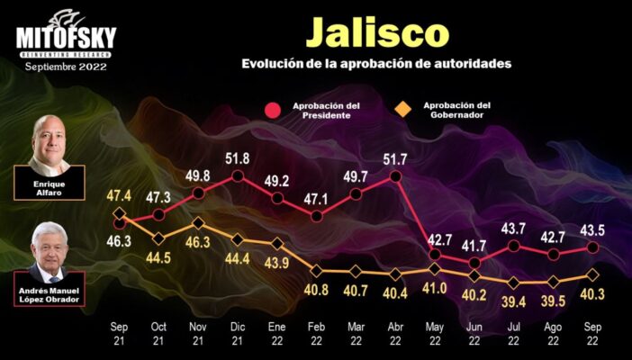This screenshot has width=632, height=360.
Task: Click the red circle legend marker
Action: point(273,111)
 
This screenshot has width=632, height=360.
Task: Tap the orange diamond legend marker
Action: point(403,110)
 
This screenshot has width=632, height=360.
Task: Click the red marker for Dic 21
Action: point(238,176)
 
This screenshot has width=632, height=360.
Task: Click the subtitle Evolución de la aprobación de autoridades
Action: point(376,65)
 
